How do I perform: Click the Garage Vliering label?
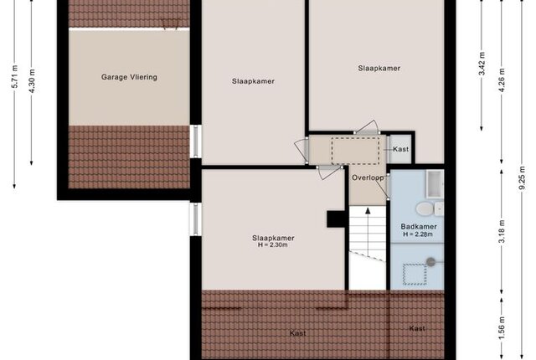pos(129,77)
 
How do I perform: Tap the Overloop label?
pos(368,177)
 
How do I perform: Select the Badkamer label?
pos(419,226)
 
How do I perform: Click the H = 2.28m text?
pos(418,234)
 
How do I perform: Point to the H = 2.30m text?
pos(273,245)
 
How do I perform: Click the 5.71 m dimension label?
pos(14,76)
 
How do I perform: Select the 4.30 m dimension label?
pos(32,81)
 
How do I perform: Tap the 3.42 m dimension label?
pos(482,64)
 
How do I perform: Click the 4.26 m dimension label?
pos(502,80)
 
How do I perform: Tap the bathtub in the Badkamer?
pos(435,184)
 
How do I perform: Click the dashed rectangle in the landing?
pos(355,151)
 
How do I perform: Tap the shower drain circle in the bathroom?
pos(430,262)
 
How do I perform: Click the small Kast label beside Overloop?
pos(400,149)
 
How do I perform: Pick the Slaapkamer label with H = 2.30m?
pos(273,238)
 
